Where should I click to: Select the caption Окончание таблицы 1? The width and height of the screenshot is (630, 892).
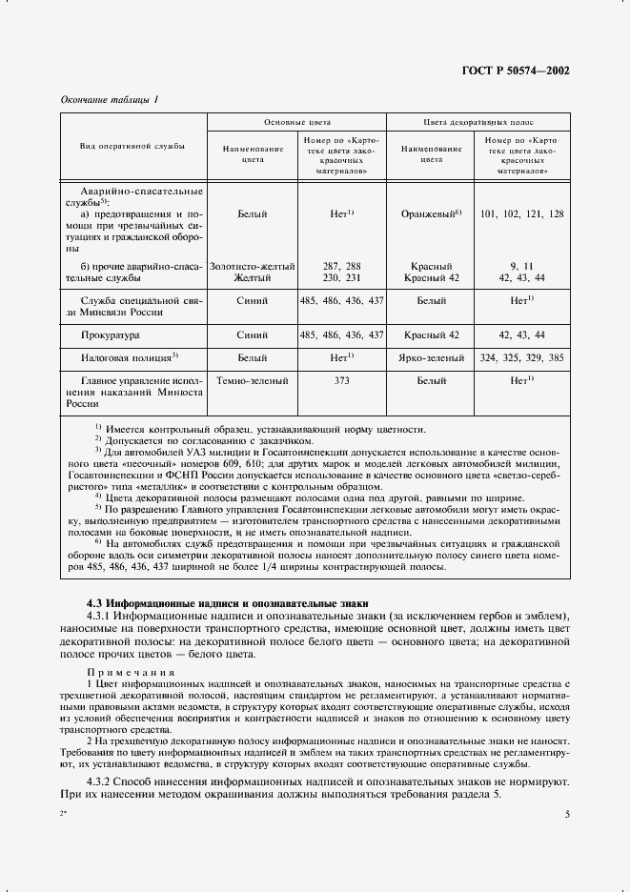103,100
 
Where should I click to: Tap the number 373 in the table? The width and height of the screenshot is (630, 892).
341,381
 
